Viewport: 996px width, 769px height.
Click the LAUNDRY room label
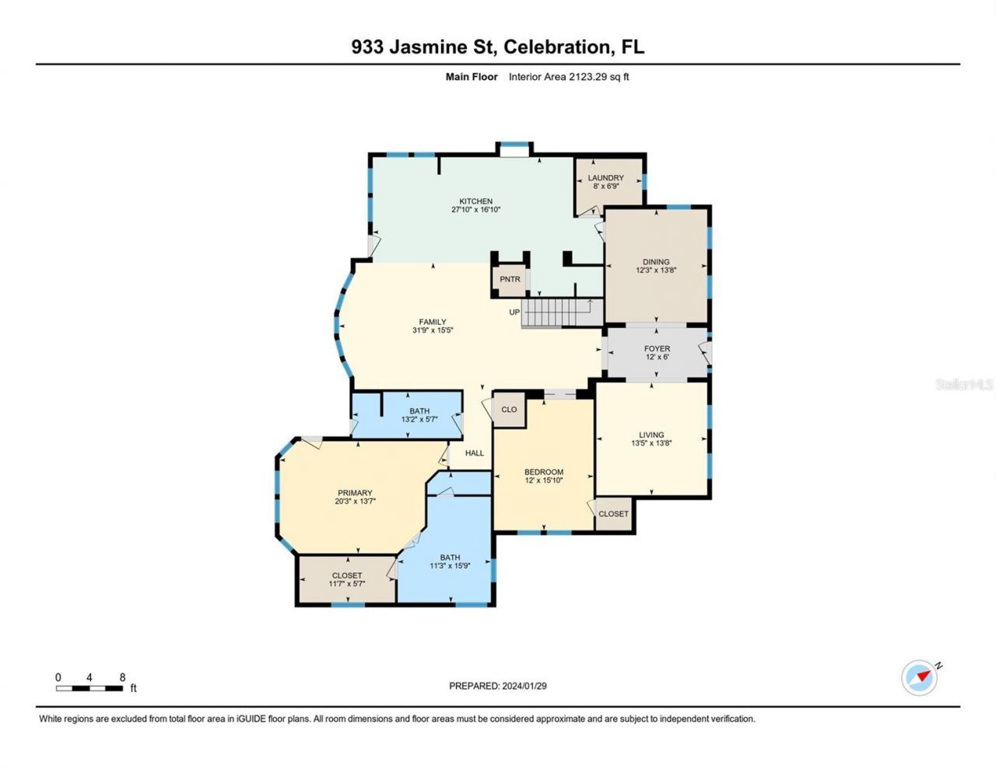pos(605,178)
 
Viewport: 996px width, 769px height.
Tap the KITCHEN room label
pos(475,201)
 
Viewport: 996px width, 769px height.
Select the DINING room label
pos(656,262)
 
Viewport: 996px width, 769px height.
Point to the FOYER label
pos(657,349)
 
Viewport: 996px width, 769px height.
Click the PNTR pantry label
pos(510,279)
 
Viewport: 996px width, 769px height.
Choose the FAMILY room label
pos(433,322)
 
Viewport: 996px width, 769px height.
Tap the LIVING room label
pos(651,435)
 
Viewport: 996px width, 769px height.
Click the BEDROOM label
pos(543,472)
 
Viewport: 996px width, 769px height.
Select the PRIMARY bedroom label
pos(355,493)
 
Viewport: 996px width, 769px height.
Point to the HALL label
pos(475,453)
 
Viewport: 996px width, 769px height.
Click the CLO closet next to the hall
pos(509,410)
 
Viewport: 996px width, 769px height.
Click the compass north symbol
pos(920,677)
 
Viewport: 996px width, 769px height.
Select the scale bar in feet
pos(89,687)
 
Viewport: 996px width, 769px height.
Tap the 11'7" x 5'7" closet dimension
pos(347,583)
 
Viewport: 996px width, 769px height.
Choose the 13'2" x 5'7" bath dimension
pos(419,419)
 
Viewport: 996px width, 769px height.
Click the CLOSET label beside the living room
pos(613,514)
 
